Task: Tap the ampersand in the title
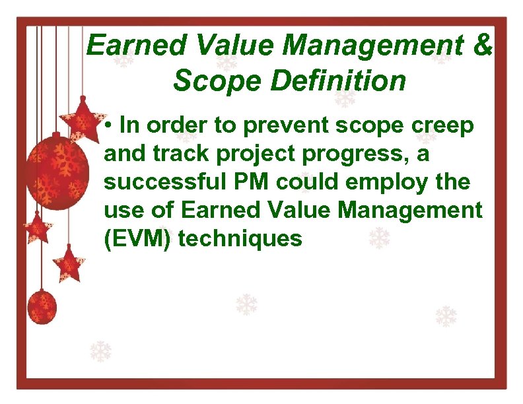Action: coord(483,46)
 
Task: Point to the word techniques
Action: coord(240,239)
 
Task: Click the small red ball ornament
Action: coord(42,308)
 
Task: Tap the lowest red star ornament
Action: coord(68,263)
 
